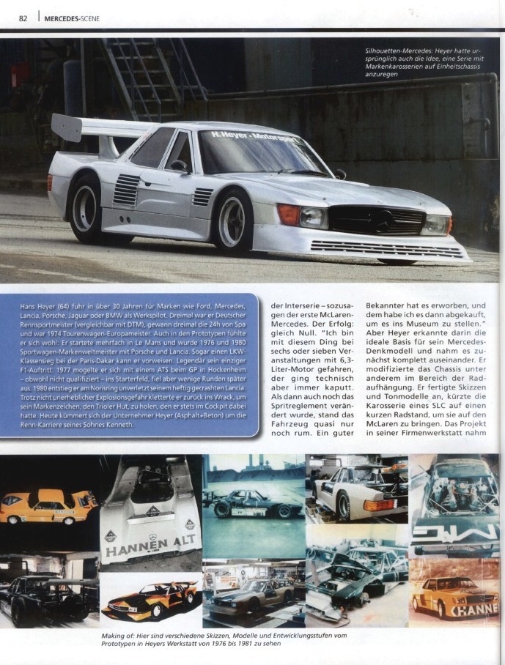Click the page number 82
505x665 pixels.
pyautogui.click(x=23, y=18)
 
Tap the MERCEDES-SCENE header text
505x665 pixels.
pyautogui.click(x=72, y=18)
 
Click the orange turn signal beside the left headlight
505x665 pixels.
pyautogui.click(x=288, y=215)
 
